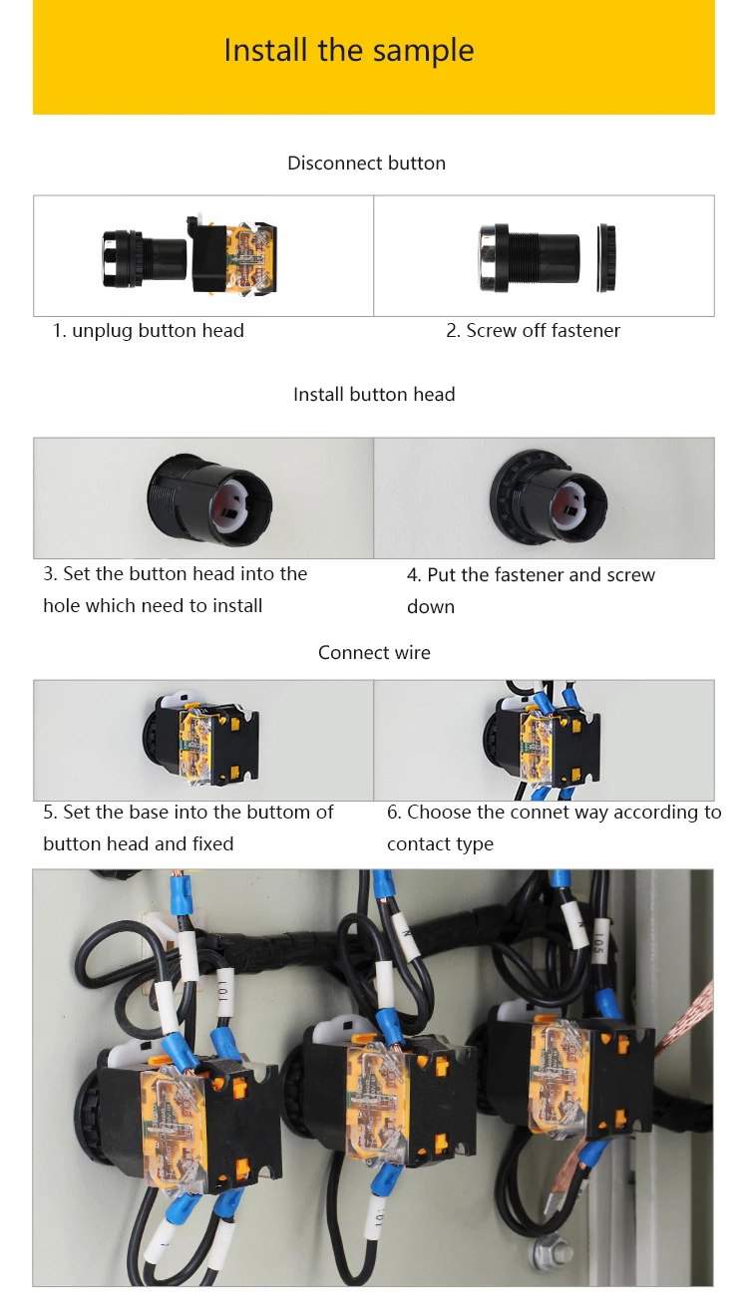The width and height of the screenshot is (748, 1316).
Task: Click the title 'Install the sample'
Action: (x=349, y=50)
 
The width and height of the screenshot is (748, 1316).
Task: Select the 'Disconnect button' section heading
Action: (x=366, y=164)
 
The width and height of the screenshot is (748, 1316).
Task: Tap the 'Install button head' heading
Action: (x=374, y=395)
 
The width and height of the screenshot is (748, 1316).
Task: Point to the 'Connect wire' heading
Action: (x=374, y=653)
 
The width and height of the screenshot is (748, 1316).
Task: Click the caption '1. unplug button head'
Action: (x=149, y=331)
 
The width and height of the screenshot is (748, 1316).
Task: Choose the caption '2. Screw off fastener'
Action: (x=533, y=331)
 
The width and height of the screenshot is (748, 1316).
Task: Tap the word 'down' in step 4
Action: (x=431, y=607)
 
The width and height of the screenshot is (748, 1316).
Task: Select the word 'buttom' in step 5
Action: (x=276, y=813)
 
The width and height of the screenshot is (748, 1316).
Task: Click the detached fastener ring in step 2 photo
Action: (x=605, y=257)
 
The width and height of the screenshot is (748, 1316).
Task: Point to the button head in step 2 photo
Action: (x=529, y=257)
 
